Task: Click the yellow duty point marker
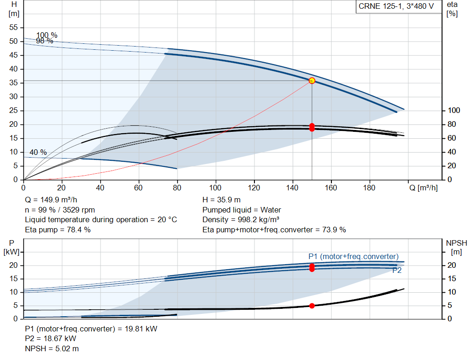click(x=312, y=81)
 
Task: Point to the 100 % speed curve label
click(x=47, y=35)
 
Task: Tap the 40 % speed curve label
click(x=38, y=152)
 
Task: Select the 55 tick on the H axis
click(x=13, y=27)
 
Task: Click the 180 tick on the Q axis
click(x=369, y=188)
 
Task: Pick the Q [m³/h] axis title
click(x=423, y=188)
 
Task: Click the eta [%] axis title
click(x=452, y=9)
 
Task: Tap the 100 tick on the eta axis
click(x=454, y=111)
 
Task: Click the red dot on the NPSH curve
click(x=312, y=306)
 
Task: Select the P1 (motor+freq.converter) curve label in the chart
click(x=354, y=256)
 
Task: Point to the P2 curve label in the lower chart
click(x=397, y=270)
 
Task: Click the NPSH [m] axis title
click(x=456, y=247)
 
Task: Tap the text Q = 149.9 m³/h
click(x=51, y=200)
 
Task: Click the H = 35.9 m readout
click(x=222, y=200)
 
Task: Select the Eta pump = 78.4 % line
click(x=58, y=230)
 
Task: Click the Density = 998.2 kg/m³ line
click(x=241, y=220)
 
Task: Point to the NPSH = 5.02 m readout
click(x=52, y=348)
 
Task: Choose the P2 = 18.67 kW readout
click(x=51, y=339)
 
